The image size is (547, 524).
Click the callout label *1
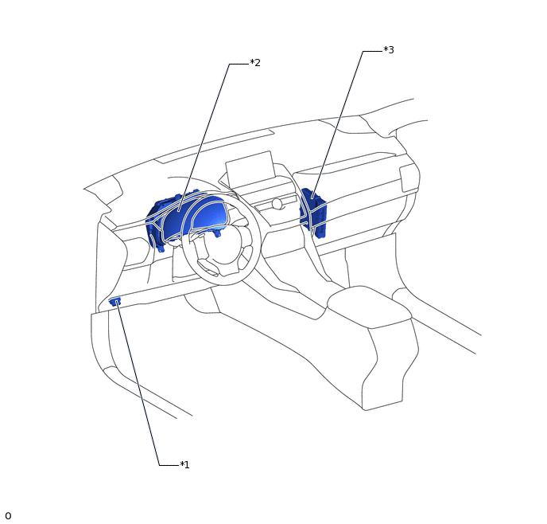[x=184, y=464]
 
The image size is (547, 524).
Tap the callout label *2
[x=255, y=63]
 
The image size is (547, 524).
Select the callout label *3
[x=389, y=50]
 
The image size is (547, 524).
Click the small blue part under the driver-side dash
[x=114, y=301]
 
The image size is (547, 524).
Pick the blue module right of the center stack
[x=313, y=213]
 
